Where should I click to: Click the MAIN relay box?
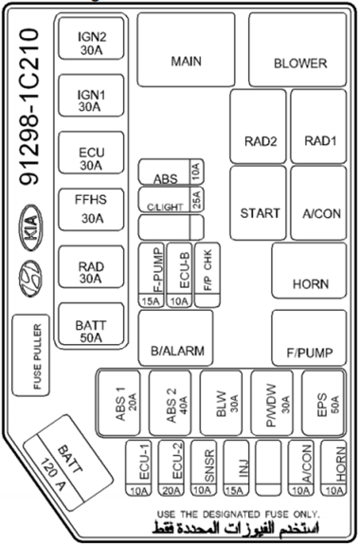(x=186, y=49)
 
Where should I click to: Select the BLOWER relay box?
(x=297, y=49)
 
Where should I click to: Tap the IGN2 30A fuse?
(x=91, y=38)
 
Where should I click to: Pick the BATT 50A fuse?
(x=91, y=324)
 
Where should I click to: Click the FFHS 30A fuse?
(x=91, y=209)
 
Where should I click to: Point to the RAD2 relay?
(x=258, y=126)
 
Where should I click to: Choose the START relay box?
(x=258, y=203)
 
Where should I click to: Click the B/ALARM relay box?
(x=176, y=338)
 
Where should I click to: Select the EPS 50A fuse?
(x=323, y=403)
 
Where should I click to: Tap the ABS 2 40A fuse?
(x=171, y=403)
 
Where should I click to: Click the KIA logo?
(x=30, y=227)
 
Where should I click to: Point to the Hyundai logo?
(x=30, y=279)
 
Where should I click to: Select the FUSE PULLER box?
(x=31, y=355)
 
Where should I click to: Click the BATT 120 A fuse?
(x=68, y=462)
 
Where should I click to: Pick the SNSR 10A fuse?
(x=204, y=468)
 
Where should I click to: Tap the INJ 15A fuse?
(x=236, y=468)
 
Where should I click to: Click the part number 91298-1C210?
(x=29, y=107)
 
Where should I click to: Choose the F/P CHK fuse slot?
(x=207, y=275)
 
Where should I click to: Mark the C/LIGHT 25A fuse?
(x=171, y=199)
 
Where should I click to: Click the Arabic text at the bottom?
(x=235, y=528)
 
